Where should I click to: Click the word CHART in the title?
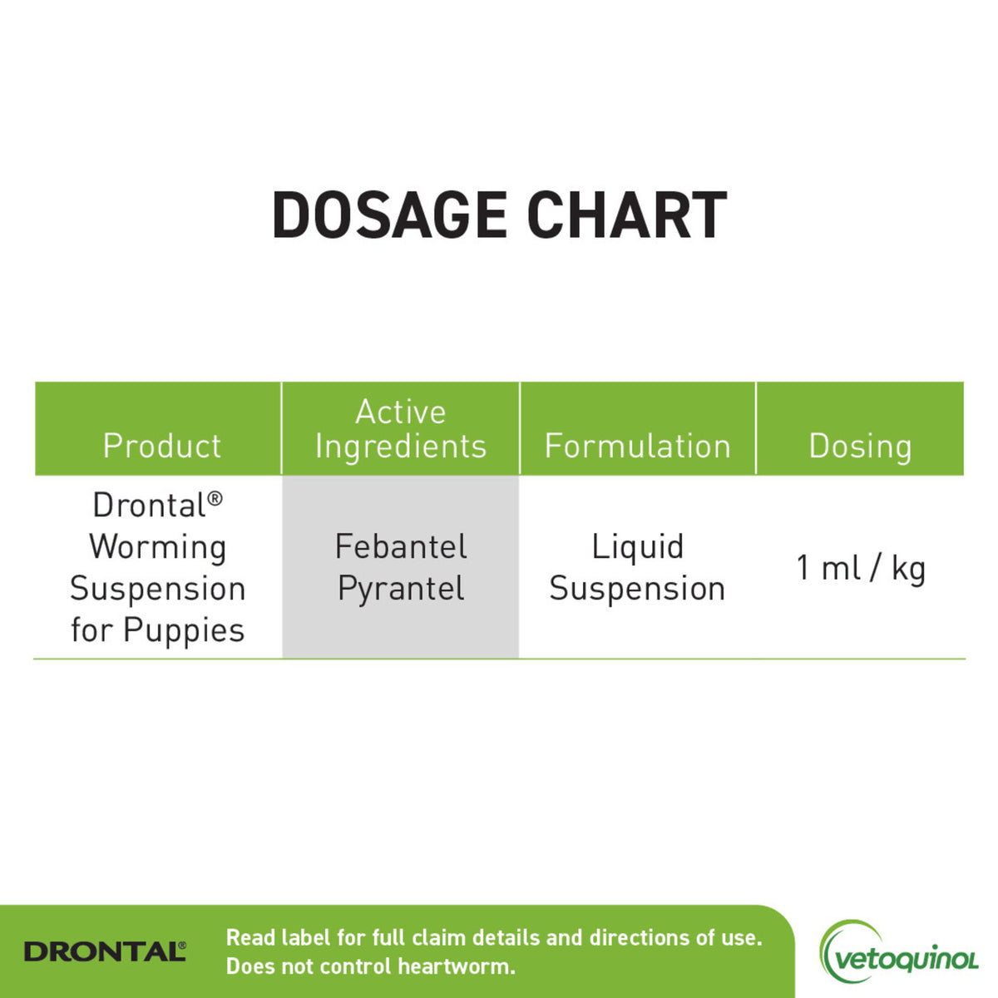[x=627, y=216]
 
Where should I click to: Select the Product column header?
[x=162, y=446]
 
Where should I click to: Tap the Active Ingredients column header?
[x=401, y=429]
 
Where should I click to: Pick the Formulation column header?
[x=638, y=446]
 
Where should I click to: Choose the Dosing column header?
[x=860, y=446]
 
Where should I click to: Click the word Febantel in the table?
[x=401, y=546]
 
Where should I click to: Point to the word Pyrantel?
[x=401, y=589]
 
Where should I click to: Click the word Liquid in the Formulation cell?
[x=638, y=546]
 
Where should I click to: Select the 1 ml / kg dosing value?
[x=861, y=568]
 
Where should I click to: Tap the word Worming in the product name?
[x=158, y=546]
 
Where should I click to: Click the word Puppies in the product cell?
[x=184, y=630]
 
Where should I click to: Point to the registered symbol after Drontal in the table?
[x=215, y=497]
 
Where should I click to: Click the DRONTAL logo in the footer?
[x=105, y=951]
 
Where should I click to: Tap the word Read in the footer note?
[x=249, y=938]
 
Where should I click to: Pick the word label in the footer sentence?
[x=307, y=938]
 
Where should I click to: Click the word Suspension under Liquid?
[x=638, y=589]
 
